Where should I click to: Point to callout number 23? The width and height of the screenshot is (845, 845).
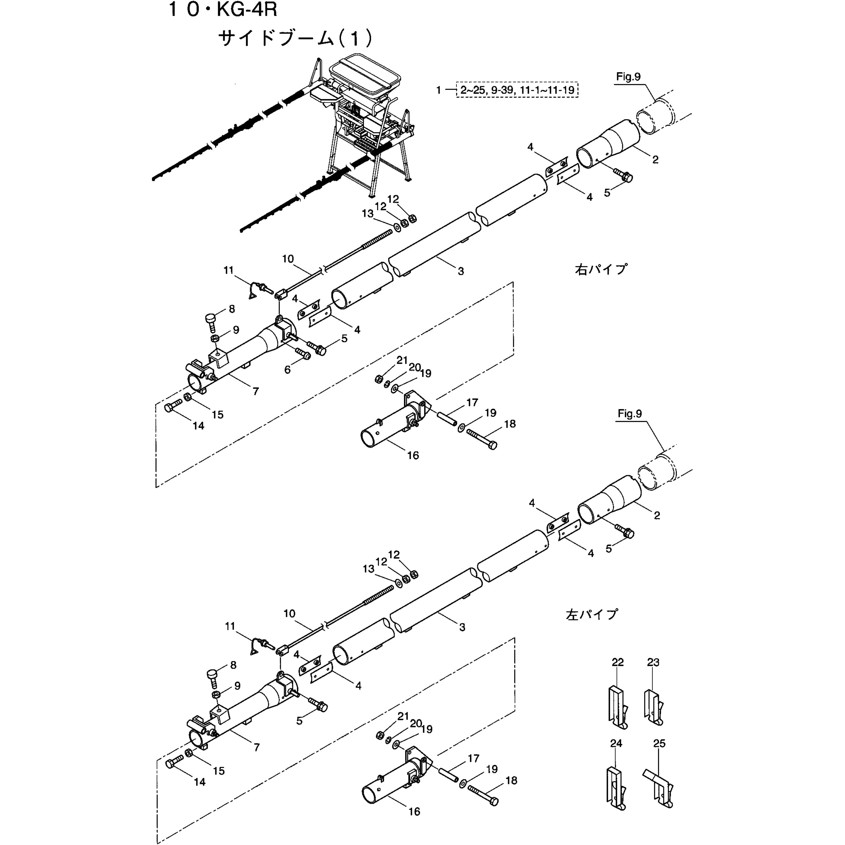[653, 662]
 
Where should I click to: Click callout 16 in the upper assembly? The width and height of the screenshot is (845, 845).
[413, 455]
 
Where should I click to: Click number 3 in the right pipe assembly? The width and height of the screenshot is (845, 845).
[460, 271]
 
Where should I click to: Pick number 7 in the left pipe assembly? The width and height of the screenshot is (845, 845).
[257, 747]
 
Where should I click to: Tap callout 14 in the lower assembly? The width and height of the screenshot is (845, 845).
[199, 782]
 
